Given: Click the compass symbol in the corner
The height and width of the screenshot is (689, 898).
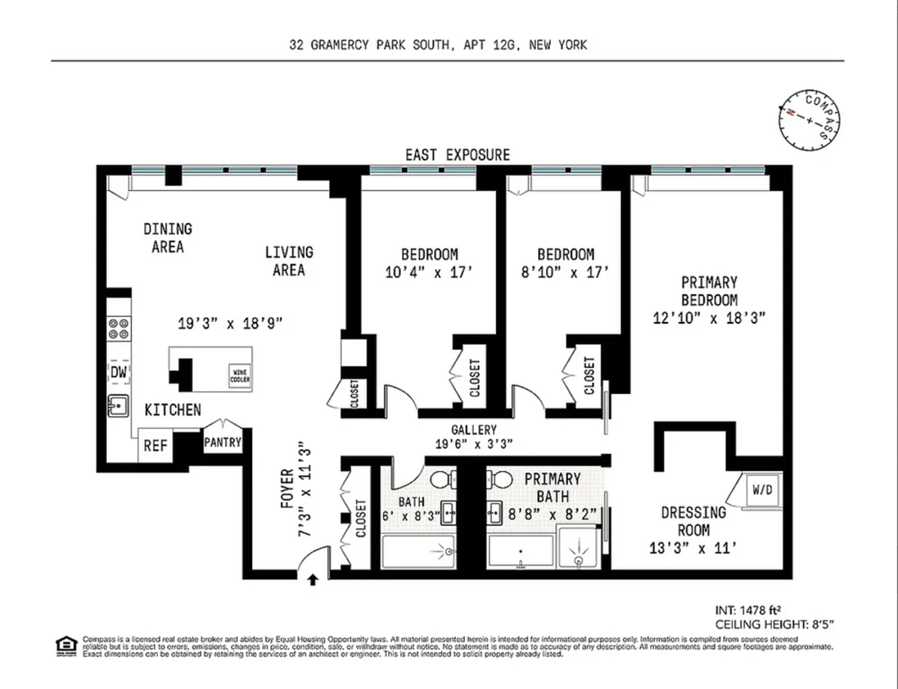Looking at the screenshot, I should point(810,119).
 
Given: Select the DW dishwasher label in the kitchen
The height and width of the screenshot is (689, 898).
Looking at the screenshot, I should point(119,372).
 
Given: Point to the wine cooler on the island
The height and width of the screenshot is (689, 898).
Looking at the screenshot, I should point(239,377).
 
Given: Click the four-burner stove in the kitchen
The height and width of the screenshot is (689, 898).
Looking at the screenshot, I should point(119,329).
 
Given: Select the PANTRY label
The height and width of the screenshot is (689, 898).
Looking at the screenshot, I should point(223,442).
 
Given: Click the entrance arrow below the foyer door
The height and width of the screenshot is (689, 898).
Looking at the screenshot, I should point(313,577).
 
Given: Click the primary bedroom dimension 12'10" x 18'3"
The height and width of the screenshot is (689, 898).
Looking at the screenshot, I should point(708,318).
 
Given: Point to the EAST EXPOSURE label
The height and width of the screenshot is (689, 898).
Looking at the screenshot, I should point(457,155).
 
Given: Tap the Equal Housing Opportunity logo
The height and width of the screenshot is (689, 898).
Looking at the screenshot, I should point(66,644).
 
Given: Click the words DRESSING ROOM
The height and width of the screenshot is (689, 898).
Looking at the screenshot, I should point(693,521).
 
